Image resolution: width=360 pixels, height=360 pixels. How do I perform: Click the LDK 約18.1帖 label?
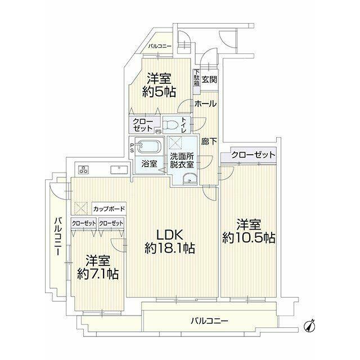point(170,241)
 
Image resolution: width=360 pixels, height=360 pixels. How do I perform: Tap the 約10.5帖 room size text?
point(249,238)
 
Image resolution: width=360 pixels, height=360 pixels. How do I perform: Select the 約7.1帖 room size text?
point(98,274)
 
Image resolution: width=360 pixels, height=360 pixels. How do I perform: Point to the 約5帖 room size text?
point(159,92)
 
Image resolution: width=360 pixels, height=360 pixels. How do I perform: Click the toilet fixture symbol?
point(170,125)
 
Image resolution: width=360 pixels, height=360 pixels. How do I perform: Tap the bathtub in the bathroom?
point(149,146)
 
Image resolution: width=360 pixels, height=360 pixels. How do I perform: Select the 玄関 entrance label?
point(209,79)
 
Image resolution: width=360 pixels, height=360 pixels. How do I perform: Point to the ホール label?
point(205,103)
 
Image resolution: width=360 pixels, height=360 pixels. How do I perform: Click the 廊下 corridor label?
point(209,141)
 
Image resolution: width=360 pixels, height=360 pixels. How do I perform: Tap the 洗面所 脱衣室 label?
point(182,160)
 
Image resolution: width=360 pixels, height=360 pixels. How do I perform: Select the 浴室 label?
point(149,164)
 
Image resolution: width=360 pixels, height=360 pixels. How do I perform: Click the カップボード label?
point(109,209)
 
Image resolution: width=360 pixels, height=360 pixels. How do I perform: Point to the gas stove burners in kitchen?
point(83,170)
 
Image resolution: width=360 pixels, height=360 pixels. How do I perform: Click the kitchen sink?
point(119,170)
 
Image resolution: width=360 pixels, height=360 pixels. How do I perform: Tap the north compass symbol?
point(310,325)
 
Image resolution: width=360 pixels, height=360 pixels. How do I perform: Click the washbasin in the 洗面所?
point(190,179)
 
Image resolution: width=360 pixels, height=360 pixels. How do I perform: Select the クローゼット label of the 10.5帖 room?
point(253,155)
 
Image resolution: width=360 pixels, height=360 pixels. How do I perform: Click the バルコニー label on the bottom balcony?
point(210,321)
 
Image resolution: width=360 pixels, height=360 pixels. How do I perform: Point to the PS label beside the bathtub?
point(132,148)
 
